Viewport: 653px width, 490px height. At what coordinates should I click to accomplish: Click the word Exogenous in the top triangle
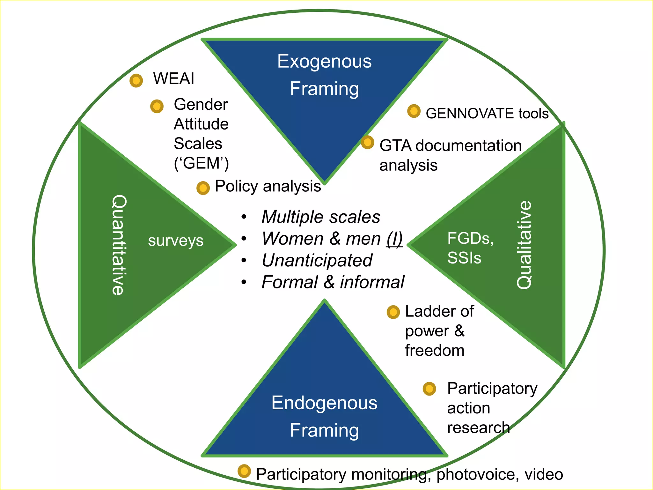pos(324,61)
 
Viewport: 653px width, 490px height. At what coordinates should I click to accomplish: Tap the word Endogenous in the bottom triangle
pos(324,403)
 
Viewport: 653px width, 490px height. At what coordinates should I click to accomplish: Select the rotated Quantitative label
pos(119,245)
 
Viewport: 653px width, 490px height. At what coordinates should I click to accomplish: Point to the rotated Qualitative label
pos(524,245)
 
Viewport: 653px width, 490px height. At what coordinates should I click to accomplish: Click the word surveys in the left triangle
pos(176,241)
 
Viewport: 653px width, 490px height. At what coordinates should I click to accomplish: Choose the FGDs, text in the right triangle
pos(470,239)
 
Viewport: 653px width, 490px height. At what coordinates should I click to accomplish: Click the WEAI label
pos(173,79)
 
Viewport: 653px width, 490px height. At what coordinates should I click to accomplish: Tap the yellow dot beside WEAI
pos(136,81)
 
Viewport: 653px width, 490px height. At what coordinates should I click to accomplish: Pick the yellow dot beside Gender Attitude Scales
pos(157,106)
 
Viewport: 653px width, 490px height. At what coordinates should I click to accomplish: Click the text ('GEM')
pos(201,163)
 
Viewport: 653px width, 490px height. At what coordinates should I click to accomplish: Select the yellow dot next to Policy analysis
pos(203,188)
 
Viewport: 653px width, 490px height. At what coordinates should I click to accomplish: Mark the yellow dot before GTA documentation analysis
pos(367,142)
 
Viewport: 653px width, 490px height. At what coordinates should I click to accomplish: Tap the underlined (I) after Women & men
pos(394,239)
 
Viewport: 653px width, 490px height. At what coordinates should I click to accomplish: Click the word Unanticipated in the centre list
pos(317,260)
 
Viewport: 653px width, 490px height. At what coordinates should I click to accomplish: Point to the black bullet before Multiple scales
pos(244,217)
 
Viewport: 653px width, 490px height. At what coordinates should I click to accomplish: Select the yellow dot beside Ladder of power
pos(393,312)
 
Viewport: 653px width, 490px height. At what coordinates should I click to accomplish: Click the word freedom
pos(435,351)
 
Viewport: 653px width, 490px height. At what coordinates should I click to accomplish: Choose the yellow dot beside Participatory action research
pos(429,389)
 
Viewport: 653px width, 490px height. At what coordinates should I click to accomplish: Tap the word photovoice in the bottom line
pos(475,474)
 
